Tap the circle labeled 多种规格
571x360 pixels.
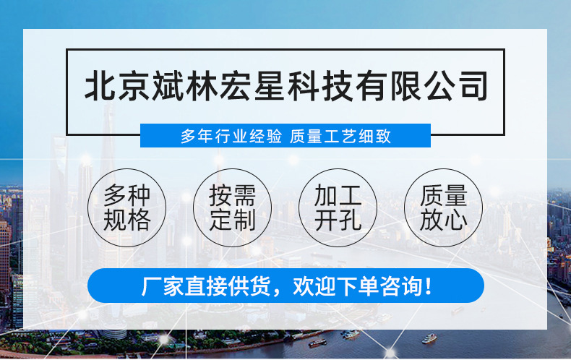point(126,207)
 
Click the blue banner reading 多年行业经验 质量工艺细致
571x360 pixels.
point(285,136)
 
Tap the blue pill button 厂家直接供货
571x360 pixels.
point(285,286)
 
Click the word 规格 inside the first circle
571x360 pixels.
point(126,220)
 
